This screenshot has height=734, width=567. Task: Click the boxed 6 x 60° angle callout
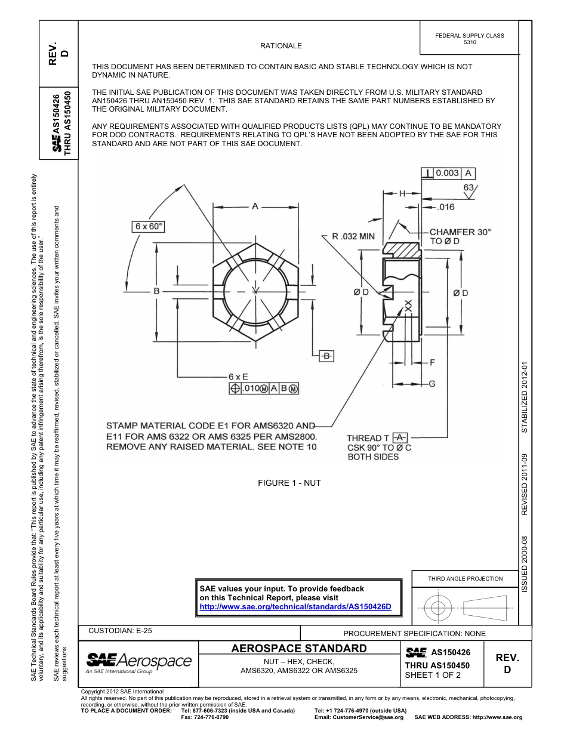pyautogui.click(x=149, y=227)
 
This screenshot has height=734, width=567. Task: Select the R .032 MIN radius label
pyautogui.click(x=353, y=236)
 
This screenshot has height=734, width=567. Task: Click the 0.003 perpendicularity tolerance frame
pyautogui.click(x=448, y=173)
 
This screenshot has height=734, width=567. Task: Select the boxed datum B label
pyautogui.click(x=326, y=356)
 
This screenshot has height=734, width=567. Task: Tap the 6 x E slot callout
pyautogui.click(x=238, y=377)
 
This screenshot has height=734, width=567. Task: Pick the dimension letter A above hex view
pyautogui.click(x=255, y=206)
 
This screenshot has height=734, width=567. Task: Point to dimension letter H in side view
pyautogui.click(x=402, y=193)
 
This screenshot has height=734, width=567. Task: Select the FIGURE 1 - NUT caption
pyautogui.click(x=289, y=483)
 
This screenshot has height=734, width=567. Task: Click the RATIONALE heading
pyautogui.click(x=281, y=46)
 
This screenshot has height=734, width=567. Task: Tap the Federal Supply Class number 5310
pyautogui.click(x=470, y=43)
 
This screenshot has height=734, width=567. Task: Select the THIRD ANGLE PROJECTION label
pyautogui.click(x=465, y=578)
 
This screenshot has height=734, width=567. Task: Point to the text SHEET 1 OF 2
pyautogui.click(x=433, y=676)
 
